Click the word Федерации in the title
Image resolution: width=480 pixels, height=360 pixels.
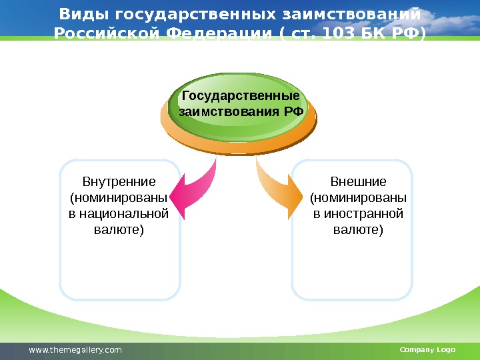(211, 33)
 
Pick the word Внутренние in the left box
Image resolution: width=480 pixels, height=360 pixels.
(119, 181)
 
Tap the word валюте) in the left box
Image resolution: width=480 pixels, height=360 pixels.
(119, 230)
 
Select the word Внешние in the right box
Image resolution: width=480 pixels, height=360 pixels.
(359, 181)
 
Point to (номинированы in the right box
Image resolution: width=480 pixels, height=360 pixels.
(359, 198)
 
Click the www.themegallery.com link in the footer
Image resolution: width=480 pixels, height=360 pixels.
(75, 350)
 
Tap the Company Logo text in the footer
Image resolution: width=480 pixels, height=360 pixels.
(427, 350)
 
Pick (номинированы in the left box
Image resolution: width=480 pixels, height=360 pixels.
(119, 198)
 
